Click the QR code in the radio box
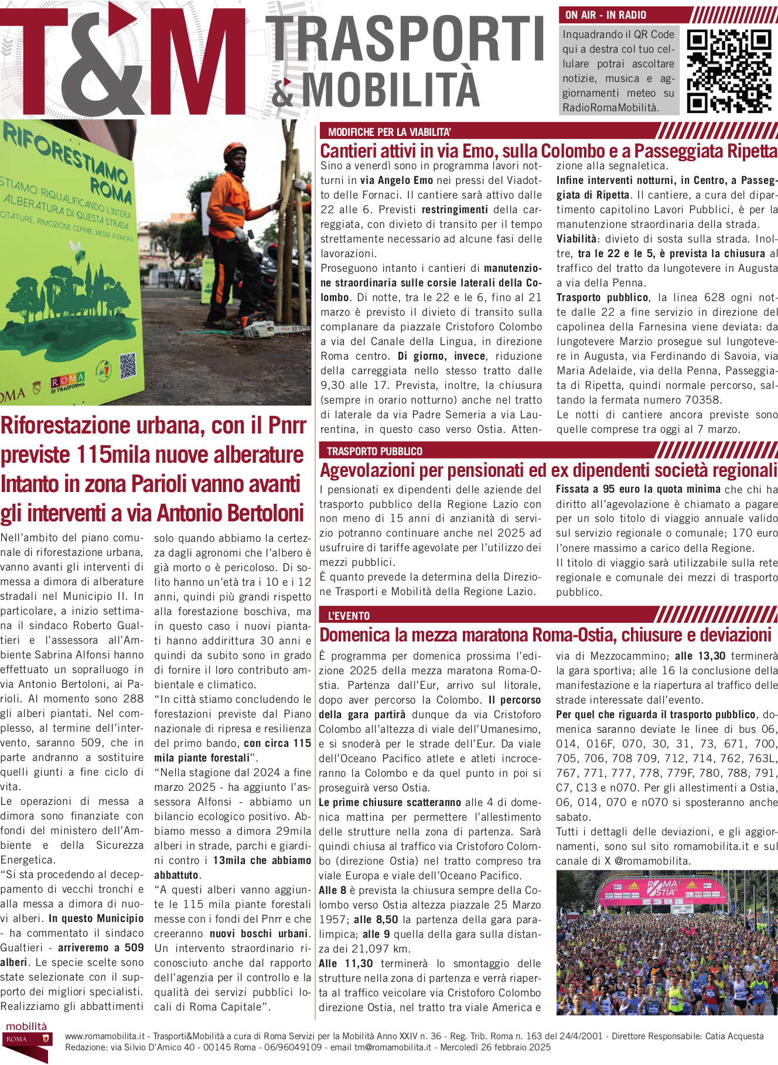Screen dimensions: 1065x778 click(x=729, y=71)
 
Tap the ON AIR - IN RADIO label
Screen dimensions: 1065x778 click(x=605, y=15)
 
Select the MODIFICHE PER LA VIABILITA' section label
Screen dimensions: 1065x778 click(x=389, y=132)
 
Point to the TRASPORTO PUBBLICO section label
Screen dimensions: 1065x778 click(x=374, y=452)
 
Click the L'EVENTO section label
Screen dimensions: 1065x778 click(x=349, y=616)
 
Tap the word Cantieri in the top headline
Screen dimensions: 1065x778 click(x=348, y=151)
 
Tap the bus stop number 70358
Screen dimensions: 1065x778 click(x=702, y=401)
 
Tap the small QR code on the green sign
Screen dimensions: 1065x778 click(x=128, y=366)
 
